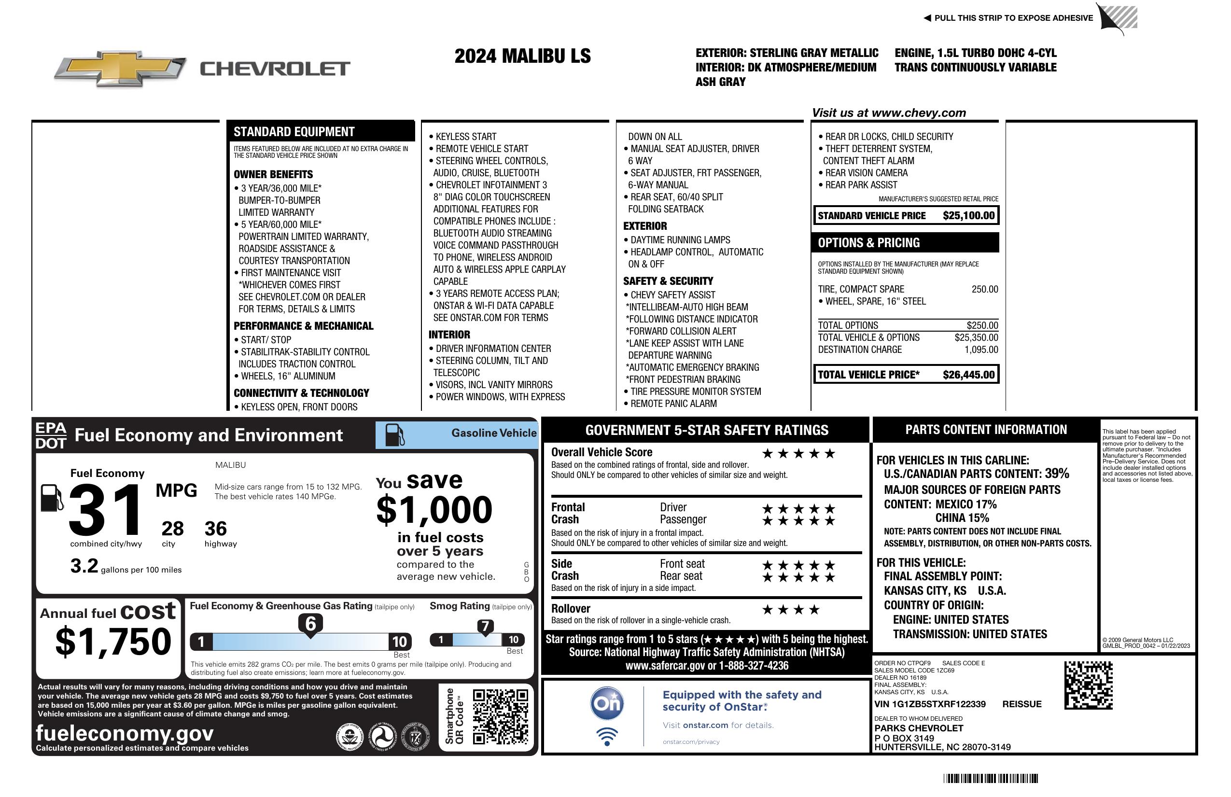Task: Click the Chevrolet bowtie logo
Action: click(120, 69)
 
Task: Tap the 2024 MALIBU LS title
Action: click(522, 56)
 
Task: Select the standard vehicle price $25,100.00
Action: click(968, 216)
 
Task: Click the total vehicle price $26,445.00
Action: click(968, 375)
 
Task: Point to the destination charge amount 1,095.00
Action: click(981, 350)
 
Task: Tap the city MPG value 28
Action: click(172, 529)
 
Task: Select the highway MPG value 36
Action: click(216, 529)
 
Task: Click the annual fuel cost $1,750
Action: click(113, 642)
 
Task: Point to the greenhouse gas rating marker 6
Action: click(310, 624)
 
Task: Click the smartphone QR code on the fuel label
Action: click(500, 716)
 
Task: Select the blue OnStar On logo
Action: click(607, 703)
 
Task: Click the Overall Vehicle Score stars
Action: click(798, 454)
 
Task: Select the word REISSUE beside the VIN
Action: click(1021, 704)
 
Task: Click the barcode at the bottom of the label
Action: click(991, 778)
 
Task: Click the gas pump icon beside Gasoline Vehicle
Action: click(395, 435)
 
